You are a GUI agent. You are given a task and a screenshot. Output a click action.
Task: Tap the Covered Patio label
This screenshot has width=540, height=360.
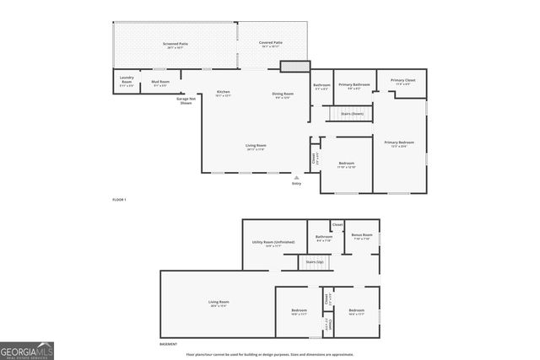[271, 44]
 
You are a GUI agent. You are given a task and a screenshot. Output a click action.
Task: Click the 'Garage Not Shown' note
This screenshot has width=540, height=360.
[186, 100]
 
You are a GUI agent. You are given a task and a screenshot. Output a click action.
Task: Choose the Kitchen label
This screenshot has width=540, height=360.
[224, 93]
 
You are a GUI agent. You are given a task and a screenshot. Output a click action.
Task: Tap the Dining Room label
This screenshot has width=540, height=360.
[282, 94]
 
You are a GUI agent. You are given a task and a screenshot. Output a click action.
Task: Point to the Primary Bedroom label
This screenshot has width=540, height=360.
[399, 144]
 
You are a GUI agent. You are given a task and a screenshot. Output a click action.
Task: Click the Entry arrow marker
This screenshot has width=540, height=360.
[296, 178]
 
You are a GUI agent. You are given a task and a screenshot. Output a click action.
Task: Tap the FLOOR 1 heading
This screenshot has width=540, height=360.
[119, 200]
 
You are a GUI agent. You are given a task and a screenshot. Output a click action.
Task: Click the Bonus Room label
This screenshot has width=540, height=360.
[363, 236]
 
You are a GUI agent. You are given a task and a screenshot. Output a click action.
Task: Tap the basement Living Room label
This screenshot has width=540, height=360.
[219, 303]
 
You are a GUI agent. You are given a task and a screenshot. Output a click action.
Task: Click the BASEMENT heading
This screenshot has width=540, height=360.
[169, 344]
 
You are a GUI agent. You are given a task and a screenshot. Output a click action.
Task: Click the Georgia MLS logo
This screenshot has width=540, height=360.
[27, 349]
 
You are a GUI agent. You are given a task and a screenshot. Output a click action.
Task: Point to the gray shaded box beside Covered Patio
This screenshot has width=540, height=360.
[292, 66]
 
